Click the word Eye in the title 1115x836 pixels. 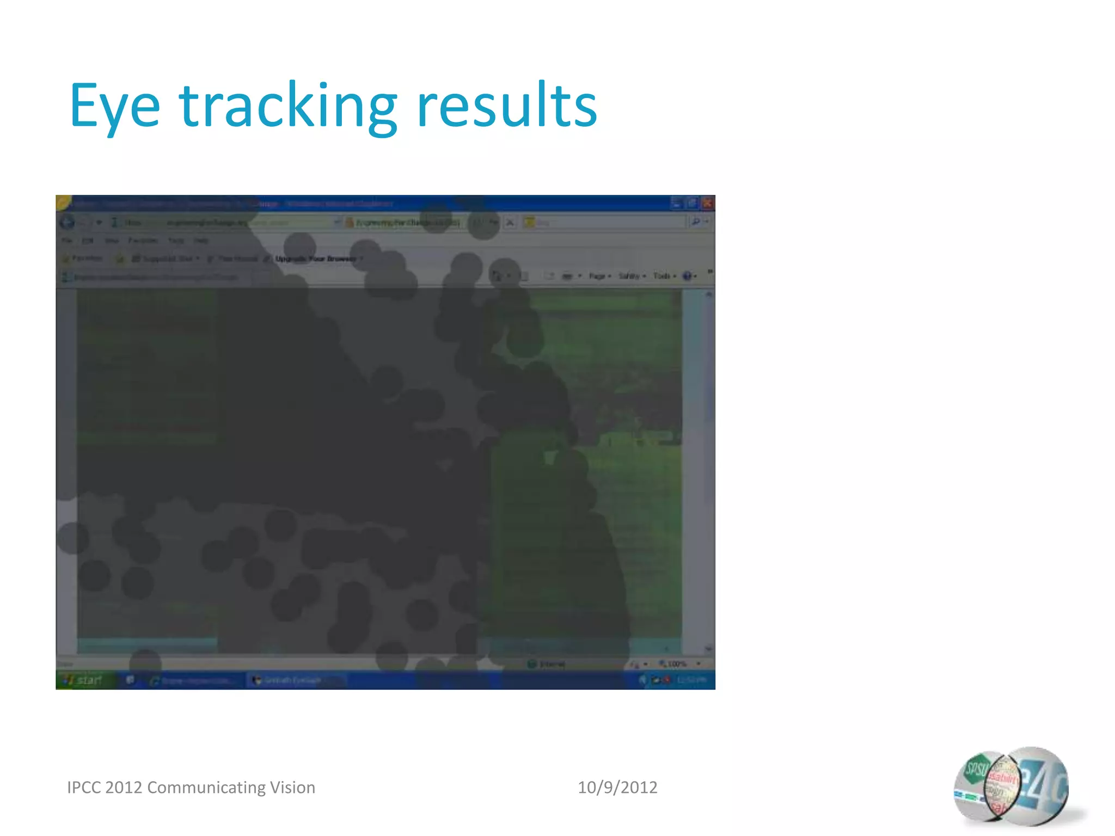pyautogui.click(x=115, y=106)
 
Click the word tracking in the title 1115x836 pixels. pyautogui.click(x=289, y=106)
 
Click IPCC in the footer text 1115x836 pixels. pyautogui.click(x=84, y=788)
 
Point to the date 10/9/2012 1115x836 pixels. pyautogui.click(x=617, y=788)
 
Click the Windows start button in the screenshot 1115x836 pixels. pyautogui.click(x=85, y=680)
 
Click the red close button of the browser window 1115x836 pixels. pyautogui.click(x=707, y=204)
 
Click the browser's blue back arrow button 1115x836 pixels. pyautogui.click(x=68, y=223)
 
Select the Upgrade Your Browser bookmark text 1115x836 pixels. pyautogui.click(x=316, y=259)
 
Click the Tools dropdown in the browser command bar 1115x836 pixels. pyautogui.click(x=664, y=276)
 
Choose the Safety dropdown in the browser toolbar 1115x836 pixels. pyautogui.click(x=632, y=276)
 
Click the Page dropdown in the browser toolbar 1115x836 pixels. pyautogui.click(x=599, y=276)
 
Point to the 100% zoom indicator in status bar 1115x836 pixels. pyautogui.click(x=676, y=664)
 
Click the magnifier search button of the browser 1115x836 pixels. pyautogui.click(x=696, y=222)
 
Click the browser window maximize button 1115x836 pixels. pyautogui.click(x=691, y=204)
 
